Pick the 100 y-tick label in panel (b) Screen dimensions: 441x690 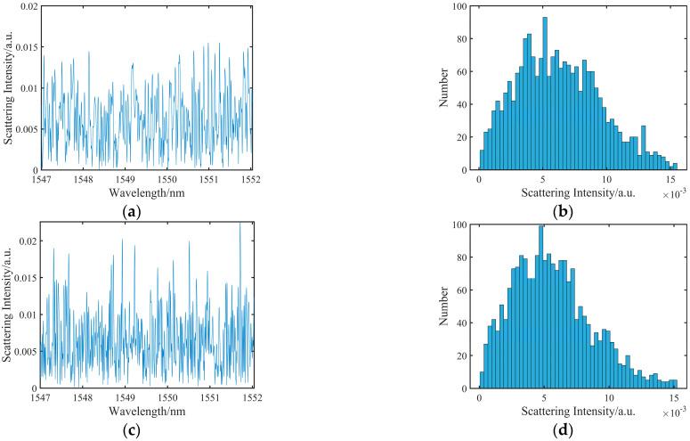pyautogui.click(x=460, y=7)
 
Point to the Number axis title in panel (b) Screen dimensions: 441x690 pyautogui.click(x=442, y=88)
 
